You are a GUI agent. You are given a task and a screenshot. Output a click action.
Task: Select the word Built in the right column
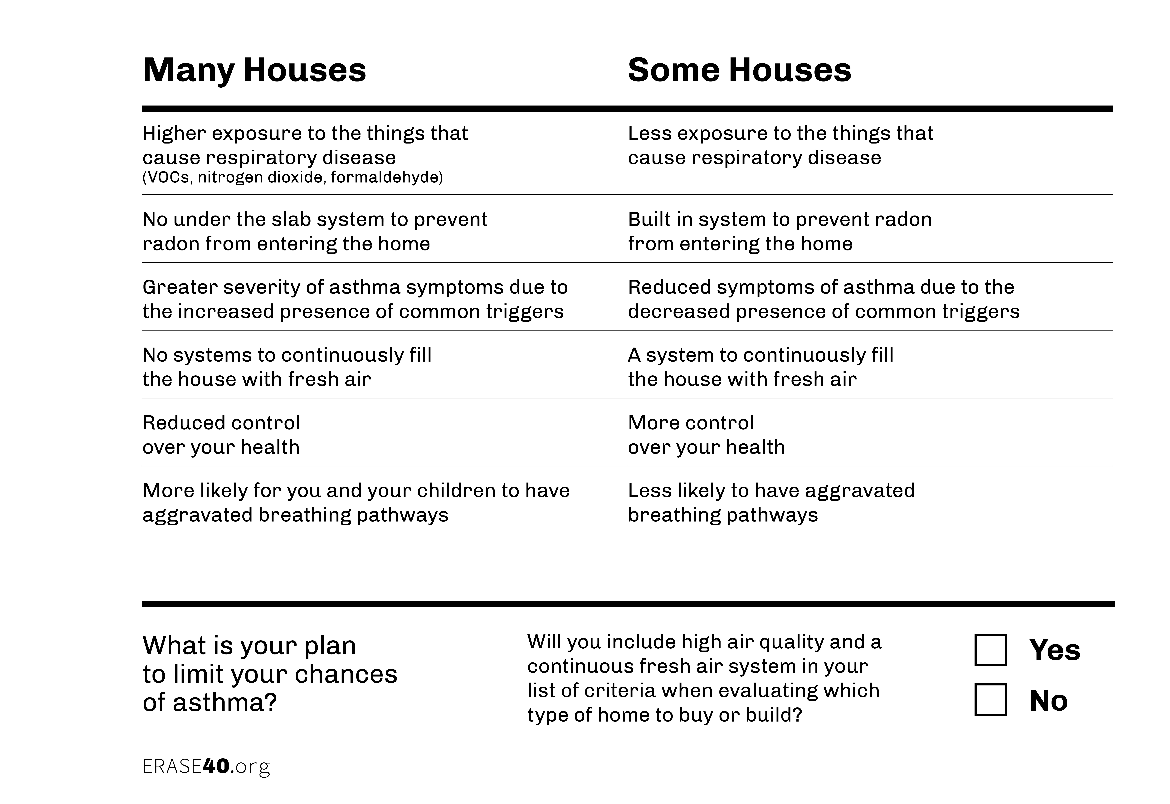pos(649,220)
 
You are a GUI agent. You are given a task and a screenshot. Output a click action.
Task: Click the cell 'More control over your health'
pos(706,435)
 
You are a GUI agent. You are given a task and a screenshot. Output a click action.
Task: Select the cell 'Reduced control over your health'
pos(221,435)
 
